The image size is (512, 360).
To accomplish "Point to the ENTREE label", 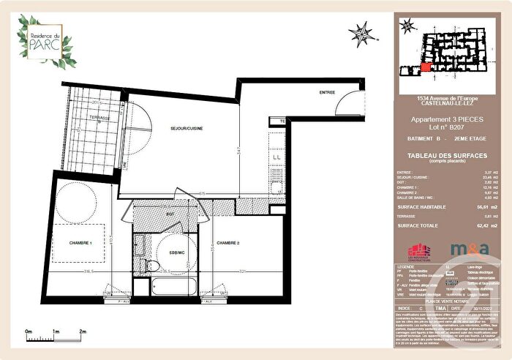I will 327,93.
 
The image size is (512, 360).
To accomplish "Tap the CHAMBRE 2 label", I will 230,243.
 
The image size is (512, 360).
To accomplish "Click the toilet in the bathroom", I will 151,264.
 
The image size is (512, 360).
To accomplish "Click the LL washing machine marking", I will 276,157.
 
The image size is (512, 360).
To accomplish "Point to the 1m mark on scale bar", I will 56,331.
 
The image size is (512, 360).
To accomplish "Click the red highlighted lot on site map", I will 425,68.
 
